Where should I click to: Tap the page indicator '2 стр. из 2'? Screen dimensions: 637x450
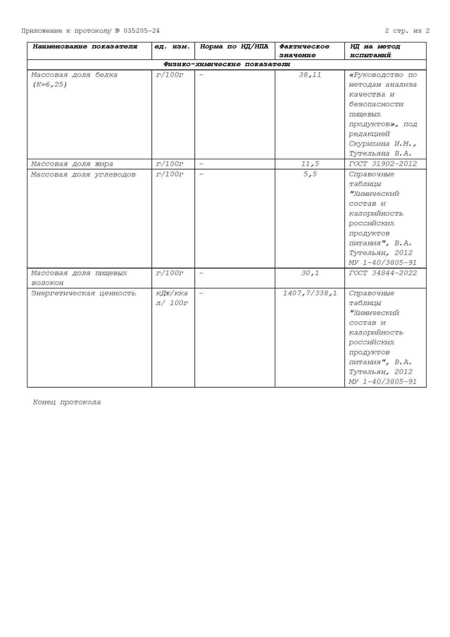point(407,31)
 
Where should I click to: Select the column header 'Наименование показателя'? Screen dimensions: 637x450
point(85,47)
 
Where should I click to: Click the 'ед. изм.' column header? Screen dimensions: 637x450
point(172,47)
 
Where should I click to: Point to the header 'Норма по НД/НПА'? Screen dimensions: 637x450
point(234,47)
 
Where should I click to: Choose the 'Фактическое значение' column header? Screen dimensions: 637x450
point(304,51)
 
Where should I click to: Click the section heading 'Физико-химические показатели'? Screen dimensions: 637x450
point(227,64)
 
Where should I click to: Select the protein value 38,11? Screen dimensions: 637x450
point(310,75)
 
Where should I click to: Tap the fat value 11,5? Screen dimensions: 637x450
point(310,164)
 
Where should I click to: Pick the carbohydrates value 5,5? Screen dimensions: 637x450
point(310,174)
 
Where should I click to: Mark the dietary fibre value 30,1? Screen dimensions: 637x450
point(310,273)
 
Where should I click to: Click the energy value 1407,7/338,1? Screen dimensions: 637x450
point(310,293)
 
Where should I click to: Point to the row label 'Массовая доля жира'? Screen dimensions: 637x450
point(72,164)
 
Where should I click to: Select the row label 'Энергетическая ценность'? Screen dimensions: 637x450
point(83,293)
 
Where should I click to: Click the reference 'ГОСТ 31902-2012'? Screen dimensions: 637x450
point(383,164)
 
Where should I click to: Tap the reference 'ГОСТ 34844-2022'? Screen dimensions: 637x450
point(383,273)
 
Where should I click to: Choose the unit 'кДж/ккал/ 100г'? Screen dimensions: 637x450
point(172,298)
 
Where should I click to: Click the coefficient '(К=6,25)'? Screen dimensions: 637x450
point(49,85)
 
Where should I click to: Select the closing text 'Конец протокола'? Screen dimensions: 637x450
point(67,402)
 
